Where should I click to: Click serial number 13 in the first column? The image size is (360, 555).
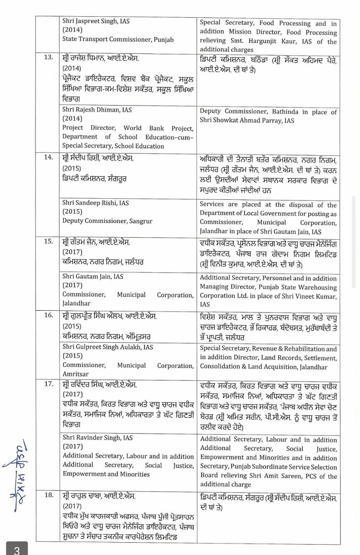click(48, 58)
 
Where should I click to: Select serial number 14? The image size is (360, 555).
click(48, 158)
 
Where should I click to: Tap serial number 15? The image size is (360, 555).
click(48, 242)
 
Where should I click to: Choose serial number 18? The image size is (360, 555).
click(48, 495)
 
